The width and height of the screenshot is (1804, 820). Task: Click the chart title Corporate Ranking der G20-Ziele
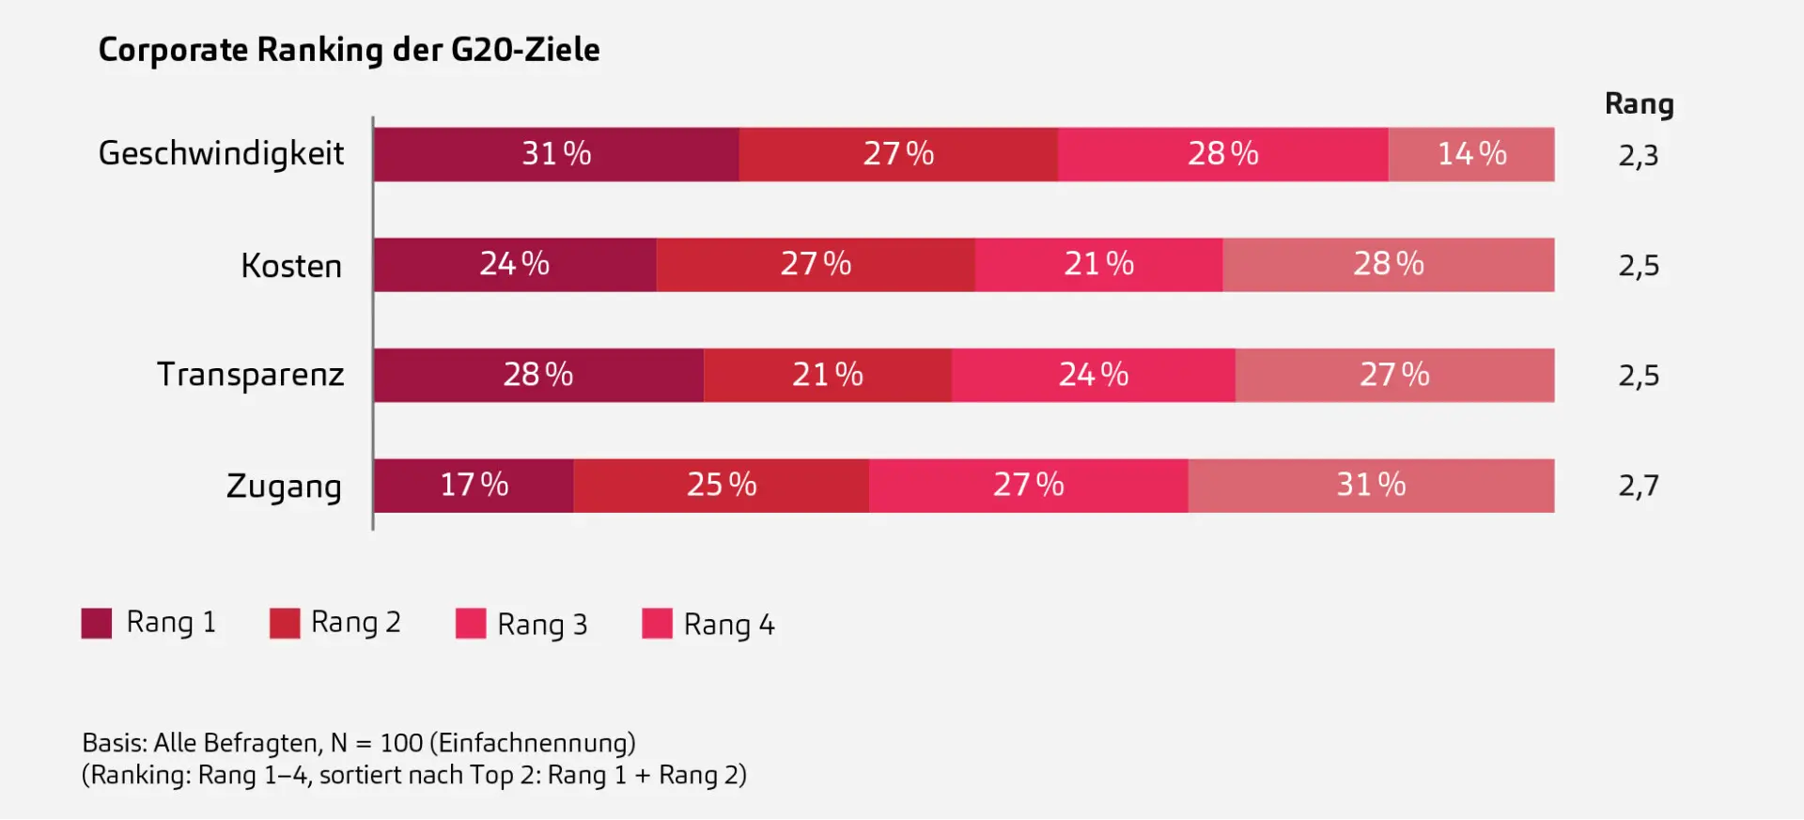point(349,50)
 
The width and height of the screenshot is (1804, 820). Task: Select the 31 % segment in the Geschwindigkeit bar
point(556,154)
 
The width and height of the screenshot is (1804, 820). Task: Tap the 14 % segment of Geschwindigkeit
point(1471,154)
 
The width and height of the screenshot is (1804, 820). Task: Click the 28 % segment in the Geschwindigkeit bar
point(1222,154)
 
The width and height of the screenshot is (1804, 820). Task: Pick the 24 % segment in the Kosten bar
point(515,265)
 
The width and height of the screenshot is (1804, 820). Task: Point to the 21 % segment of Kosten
point(1098,265)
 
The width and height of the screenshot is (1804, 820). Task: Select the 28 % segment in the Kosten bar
point(1388,265)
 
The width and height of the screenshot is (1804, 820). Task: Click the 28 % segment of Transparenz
point(538,375)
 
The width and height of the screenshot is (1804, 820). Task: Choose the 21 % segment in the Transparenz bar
point(827,375)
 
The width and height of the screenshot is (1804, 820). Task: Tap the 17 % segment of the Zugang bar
point(474,486)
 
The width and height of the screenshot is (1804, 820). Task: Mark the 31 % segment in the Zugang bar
point(1371,486)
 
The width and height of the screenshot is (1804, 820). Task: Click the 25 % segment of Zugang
point(721,486)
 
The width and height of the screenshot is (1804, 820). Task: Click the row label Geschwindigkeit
point(222,154)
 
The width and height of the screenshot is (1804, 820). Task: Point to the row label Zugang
point(284,487)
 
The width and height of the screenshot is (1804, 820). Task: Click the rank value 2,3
point(1638,156)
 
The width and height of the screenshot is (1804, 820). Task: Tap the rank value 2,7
point(1638,487)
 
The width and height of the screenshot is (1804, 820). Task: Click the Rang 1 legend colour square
point(97,623)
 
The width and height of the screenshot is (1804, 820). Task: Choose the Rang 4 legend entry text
point(729,625)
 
